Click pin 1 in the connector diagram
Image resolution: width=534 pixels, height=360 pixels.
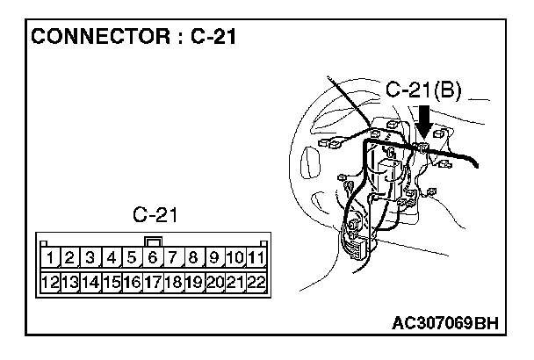(53, 258)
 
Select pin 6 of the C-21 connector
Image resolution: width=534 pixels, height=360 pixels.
(153, 258)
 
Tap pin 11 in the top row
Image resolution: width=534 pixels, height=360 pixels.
(256, 258)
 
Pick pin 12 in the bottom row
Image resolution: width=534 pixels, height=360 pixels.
(51, 282)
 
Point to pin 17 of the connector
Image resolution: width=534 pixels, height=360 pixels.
(153, 282)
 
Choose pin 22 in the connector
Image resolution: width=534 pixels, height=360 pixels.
(256, 282)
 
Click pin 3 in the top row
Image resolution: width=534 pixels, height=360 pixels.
(91, 258)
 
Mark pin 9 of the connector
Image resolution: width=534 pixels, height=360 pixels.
(213, 258)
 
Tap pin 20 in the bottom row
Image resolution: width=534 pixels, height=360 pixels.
(214, 282)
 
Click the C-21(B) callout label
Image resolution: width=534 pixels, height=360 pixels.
(424, 90)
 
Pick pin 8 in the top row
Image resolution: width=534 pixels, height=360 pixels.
(193, 258)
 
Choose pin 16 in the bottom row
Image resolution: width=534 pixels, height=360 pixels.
(133, 282)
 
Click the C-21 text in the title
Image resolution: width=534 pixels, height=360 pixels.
(213, 38)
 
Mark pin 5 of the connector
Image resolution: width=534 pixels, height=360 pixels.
(133, 258)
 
